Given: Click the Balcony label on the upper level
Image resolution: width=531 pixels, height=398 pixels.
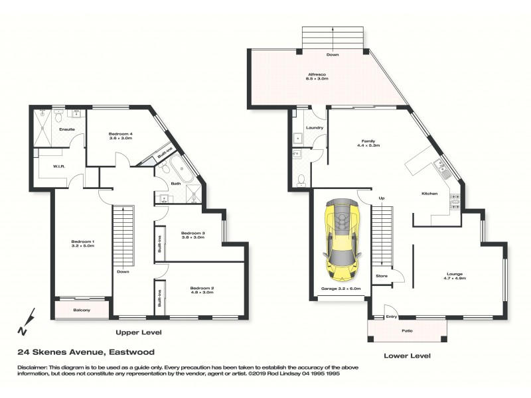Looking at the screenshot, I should coord(82,310).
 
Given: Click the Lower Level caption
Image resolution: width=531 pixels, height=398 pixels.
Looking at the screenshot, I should coord(407,356).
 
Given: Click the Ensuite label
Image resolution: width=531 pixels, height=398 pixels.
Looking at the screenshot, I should coord(67,129).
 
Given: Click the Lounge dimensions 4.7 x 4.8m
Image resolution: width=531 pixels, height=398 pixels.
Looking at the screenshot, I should coord(455,279).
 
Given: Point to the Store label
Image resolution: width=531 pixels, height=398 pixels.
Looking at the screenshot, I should coord(381,275).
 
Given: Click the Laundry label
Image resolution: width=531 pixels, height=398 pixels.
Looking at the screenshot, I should coord(314,127).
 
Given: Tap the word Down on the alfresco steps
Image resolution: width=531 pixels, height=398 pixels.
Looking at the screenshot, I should coord(333,54).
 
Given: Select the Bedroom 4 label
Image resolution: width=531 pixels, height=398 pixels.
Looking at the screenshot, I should coord(121,135).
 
